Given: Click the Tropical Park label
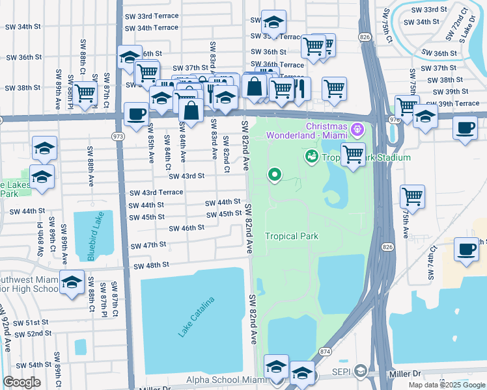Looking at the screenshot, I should click(x=291, y=236).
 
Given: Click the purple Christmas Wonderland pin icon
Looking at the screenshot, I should click(x=356, y=130).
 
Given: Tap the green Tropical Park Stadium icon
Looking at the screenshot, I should click(x=312, y=157).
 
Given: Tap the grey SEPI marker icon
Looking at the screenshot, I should click(x=361, y=372).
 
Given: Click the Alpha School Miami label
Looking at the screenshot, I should click(x=226, y=380).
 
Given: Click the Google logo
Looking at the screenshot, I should click(x=21, y=382).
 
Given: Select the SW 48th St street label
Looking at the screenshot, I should click(x=151, y=266).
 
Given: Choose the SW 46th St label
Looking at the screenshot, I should click(x=186, y=228).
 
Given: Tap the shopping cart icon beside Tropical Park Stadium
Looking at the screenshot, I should click(x=353, y=155).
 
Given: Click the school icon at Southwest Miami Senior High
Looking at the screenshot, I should click(x=73, y=281).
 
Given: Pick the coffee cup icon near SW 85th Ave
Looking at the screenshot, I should click(x=136, y=114).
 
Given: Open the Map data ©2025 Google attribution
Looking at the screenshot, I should click(x=447, y=385).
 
